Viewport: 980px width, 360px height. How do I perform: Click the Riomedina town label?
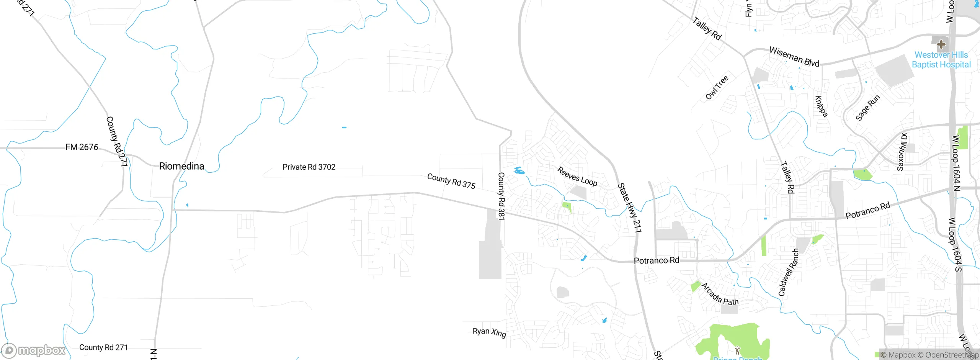coord(181,166)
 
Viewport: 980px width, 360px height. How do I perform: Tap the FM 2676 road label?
coord(82,147)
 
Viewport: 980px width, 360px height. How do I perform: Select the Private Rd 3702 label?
coord(309,167)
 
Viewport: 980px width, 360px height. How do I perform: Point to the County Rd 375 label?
coord(451,181)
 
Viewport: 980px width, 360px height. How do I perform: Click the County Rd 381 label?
coord(501,196)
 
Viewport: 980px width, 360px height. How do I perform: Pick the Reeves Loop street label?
coord(577,177)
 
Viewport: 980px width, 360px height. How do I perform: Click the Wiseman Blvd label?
coord(794,57)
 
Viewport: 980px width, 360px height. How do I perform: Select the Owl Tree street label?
coord(717,88)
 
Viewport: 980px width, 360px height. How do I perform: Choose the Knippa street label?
coord(821,106)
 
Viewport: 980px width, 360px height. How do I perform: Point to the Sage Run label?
coord(867,108)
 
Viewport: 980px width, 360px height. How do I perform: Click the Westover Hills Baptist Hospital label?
coord(941,60)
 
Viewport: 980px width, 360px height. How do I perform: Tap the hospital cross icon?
coord(941,44)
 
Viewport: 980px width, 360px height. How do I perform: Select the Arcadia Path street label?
coord(720,294)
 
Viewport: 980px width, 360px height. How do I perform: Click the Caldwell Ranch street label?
coord(789,272)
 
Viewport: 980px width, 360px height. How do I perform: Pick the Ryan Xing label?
coord(489,332)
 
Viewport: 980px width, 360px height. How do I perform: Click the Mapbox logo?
coord(34,350)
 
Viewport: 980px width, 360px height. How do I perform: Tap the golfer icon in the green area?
coord(737,350)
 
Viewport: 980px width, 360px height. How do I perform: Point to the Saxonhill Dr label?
coord(902,152)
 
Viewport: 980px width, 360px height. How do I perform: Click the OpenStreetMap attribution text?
coord(949,355)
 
